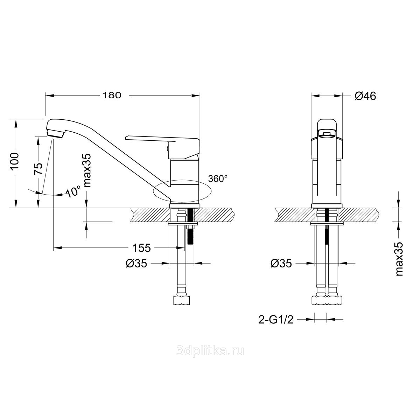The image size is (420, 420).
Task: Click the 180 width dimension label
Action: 112,95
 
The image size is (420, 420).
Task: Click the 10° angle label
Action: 73,191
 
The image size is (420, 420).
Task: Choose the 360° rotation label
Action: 218,178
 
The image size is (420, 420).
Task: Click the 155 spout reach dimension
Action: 142,248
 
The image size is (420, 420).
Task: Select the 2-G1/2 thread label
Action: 276,320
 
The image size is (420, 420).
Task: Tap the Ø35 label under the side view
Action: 136,264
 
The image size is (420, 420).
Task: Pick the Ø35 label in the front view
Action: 281,264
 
